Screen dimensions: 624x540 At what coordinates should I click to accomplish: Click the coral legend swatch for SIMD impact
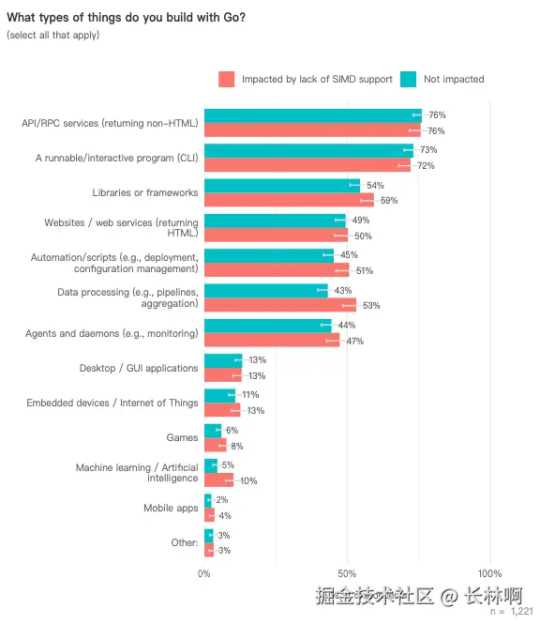[226, 79]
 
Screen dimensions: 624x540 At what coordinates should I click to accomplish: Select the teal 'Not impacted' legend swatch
[409, 79]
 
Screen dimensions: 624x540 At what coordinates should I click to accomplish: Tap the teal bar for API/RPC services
[312, 115]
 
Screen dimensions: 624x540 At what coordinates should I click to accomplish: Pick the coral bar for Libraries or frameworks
[289, 200]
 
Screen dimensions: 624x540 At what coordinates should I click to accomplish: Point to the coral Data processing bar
[279, 305]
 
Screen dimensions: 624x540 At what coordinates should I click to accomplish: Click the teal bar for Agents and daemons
[267, 325]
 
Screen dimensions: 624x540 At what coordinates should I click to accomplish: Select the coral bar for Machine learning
[218, 480]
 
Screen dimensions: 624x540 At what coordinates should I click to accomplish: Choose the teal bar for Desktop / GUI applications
[223, 359]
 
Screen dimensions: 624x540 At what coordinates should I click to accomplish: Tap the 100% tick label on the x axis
[489, 572]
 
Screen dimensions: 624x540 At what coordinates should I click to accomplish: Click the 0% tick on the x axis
[204, 572]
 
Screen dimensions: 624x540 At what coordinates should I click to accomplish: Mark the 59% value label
[389, 200]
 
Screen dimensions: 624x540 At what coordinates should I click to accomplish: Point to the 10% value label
[248, 480]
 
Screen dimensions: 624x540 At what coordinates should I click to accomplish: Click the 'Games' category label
[182, 437]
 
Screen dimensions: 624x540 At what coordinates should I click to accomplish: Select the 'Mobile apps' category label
[171, 508]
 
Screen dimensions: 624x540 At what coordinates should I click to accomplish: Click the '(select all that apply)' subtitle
[52, 35]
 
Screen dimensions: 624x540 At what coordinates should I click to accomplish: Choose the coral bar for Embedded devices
[222, 410]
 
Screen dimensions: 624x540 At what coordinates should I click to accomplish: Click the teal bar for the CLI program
[308, 150]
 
